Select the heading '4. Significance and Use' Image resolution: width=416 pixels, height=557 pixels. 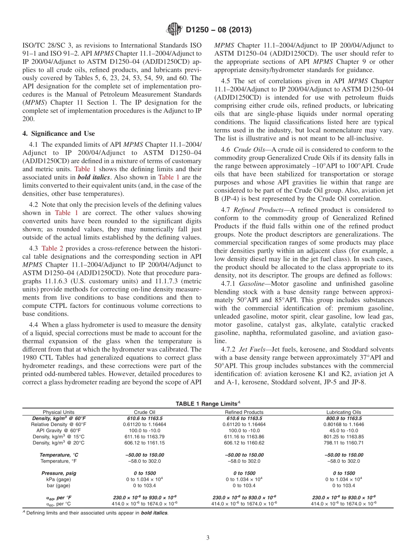pyautogui.click(x=58, y=133)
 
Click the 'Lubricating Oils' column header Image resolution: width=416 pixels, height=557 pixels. pyautogui.click(x=343, y=412)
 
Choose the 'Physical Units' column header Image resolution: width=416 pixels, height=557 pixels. pyautogui.click(x=59, y=412)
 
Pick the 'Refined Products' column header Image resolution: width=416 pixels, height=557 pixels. pyautogui.click(x=244, y=412)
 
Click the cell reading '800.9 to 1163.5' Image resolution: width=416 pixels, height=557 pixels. pyautogui.click(x=343, y=418)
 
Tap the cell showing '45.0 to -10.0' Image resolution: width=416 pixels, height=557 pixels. pyautogui.click(x=343, y=430)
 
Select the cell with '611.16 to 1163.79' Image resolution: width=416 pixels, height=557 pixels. pyautogui.click(x=144, y=437)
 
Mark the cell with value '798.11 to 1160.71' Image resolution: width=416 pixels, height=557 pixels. pyautogui.click(x=343, y=443)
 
